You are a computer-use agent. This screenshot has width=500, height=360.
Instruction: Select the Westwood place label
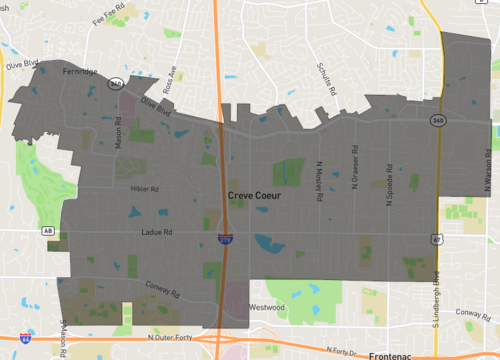[x=267, y=307]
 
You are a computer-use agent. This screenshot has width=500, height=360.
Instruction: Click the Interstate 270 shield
[x=227, y=239]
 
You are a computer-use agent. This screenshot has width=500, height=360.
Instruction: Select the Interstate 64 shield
[x=25, y=339]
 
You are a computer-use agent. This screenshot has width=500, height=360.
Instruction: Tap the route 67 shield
[x=437, y=238]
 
